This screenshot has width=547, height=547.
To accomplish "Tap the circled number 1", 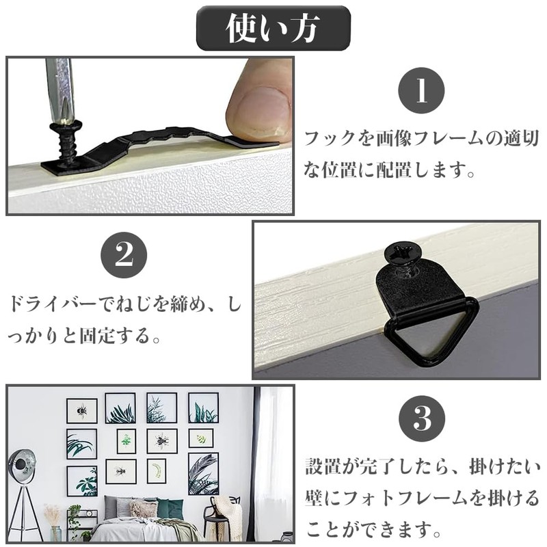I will pos(421,91).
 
